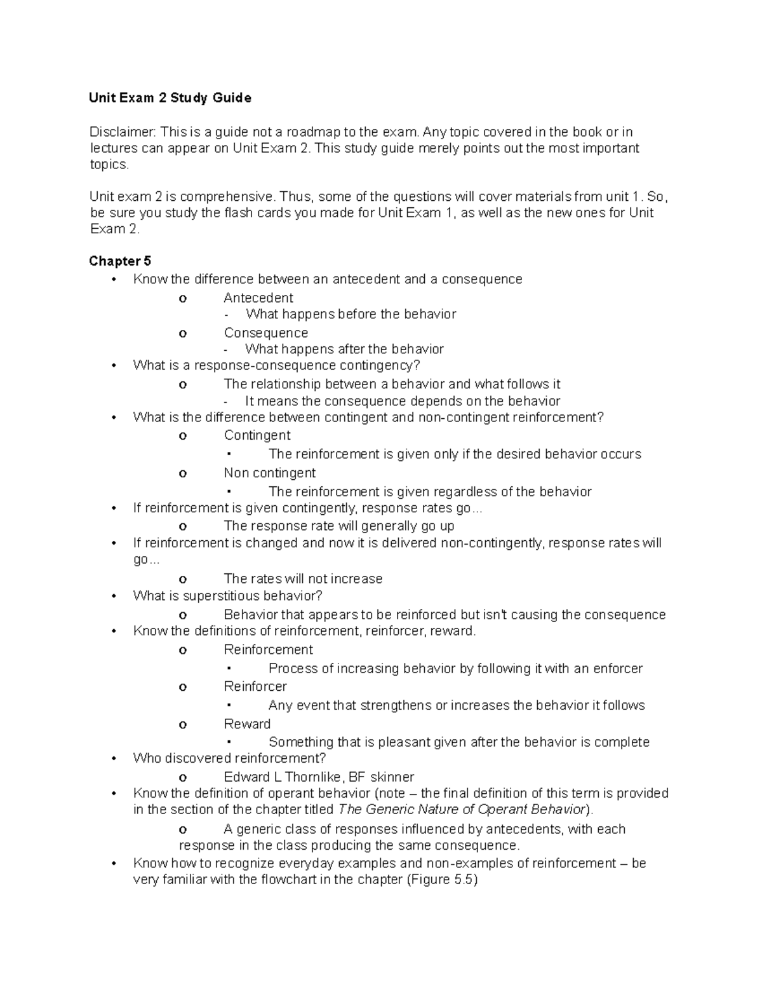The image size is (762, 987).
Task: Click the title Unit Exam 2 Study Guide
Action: coord(170,98)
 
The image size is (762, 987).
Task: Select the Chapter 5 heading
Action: coord(120,261)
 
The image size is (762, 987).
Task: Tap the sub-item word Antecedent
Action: coord(258,298)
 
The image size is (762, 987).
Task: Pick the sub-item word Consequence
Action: coord(265,333)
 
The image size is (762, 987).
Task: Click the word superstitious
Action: coord(220,596)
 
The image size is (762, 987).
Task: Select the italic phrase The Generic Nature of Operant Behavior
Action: coord(461,810)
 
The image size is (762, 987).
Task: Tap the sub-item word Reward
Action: coord(247,724)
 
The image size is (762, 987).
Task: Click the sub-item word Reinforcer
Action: coord(255,686)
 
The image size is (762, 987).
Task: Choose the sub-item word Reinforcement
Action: coord(268,650)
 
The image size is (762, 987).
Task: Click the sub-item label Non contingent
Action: coord(269,473)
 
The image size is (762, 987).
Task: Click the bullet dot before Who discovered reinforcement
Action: coord(114,759)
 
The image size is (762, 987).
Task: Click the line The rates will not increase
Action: coord(303,579)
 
